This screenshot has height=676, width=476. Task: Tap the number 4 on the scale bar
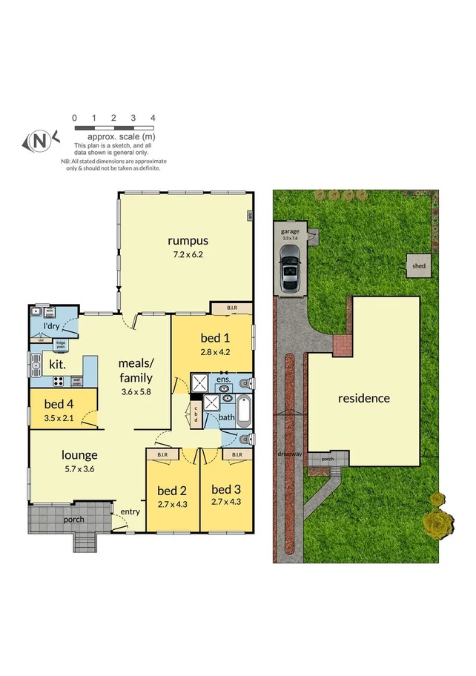click(153, 118)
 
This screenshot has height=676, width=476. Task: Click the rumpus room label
click(187, 240)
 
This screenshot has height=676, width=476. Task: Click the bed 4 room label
click(59, 404)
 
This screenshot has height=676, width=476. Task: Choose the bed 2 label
click(172, 490)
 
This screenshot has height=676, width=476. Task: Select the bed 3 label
click(226, 489)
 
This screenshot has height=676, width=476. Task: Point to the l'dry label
click(51, 326)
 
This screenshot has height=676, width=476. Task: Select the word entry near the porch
click(130, 511)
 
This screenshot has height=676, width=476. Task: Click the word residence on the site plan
click(363, 398)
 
